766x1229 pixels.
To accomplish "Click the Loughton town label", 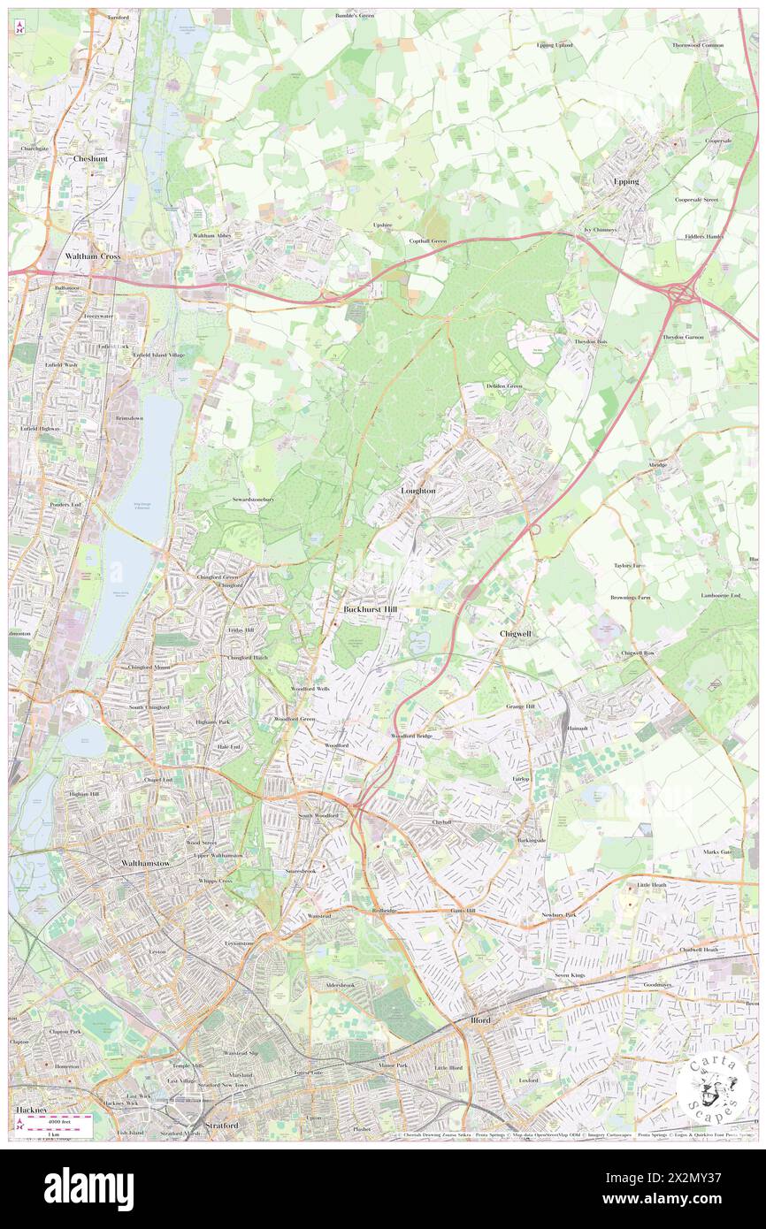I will [418, 490].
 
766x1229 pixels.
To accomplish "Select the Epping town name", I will [626, 180].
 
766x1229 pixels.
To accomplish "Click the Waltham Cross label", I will [93, 256].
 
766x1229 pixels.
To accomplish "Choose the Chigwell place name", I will [515, 634].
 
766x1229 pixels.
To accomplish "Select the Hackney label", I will [30, 1109].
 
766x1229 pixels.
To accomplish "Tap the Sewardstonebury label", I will [253, 500].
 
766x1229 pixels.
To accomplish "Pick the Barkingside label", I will [532, 840].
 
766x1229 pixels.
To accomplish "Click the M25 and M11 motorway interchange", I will [681, 293].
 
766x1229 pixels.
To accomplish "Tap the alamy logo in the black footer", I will [88, 1188].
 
